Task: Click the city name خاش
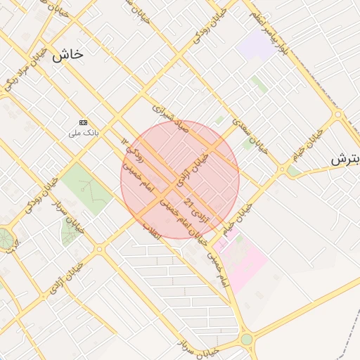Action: click(x=67, y=54)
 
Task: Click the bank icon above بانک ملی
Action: click(x=84, y=122)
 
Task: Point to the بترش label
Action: click(x=345, y=160)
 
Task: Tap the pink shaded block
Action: click(x=243, y=258)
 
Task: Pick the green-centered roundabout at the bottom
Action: click(x=247, y=340)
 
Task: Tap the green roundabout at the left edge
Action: click(x=5, y=238)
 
